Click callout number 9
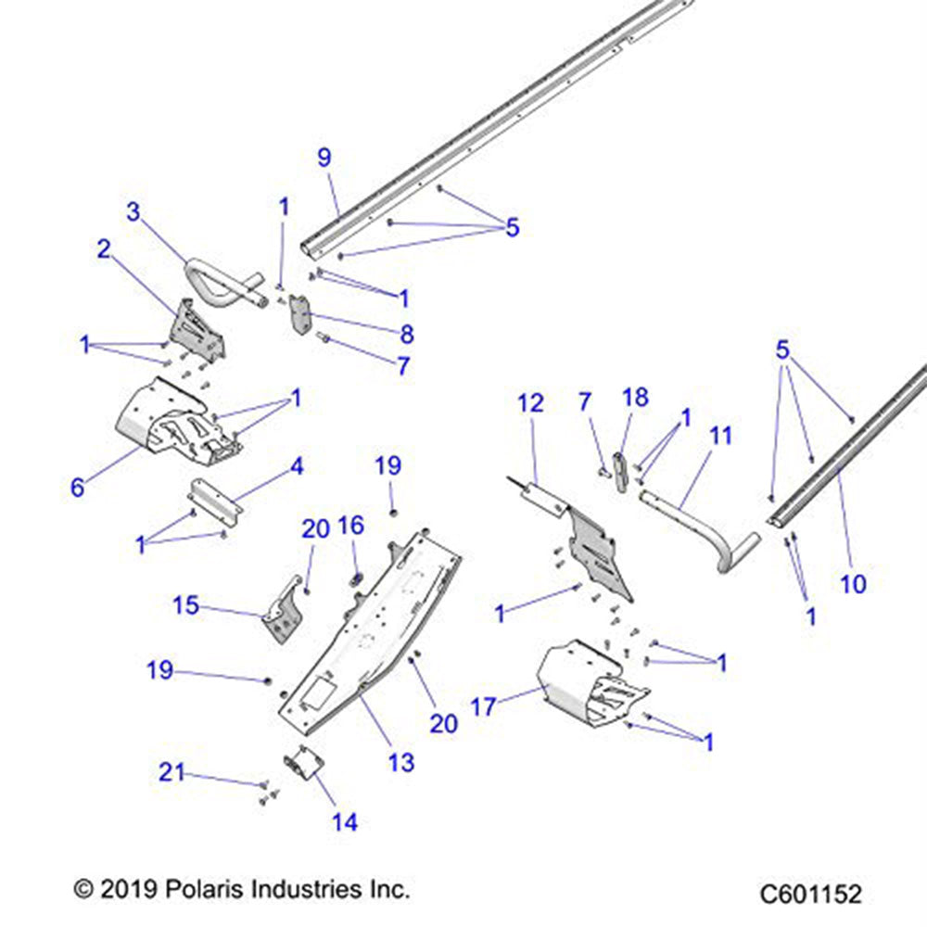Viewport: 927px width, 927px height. coord(324,158)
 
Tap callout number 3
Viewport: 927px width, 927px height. coord(134,212)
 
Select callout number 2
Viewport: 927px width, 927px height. coord(103,248)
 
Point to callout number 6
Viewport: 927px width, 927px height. coord(78,488)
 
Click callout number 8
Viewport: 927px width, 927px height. coord(405,335)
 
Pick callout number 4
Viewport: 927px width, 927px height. coord(297,465)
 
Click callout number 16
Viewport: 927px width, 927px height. coord(351,527)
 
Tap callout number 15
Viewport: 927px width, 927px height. coord(185,605)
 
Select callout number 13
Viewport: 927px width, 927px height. coord(400,762)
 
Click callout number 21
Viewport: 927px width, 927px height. coord(171,770)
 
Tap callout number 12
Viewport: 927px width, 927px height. coord(530,403)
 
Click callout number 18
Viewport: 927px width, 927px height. coord(636,398)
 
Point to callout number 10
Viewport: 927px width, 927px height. coord(853,583)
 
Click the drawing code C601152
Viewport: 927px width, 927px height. coord(811,895)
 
